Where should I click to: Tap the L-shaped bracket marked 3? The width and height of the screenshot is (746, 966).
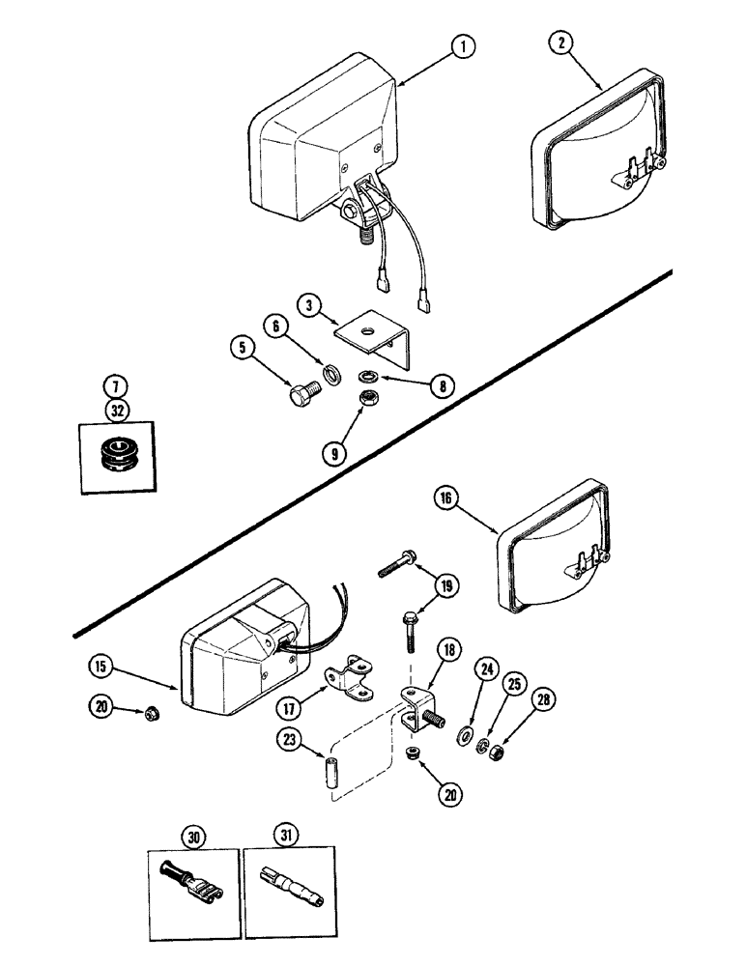coord(376,340)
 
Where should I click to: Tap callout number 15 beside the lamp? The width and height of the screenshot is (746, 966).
coord(103,666)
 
